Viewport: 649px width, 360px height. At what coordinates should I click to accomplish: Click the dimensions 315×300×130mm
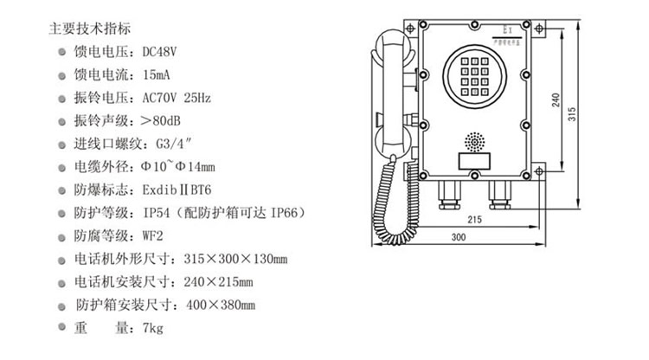tap(233, 259)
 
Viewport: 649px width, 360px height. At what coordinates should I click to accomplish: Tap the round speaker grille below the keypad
tap(474, 141)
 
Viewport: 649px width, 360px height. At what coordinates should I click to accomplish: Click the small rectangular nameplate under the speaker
tap(474, 161)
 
